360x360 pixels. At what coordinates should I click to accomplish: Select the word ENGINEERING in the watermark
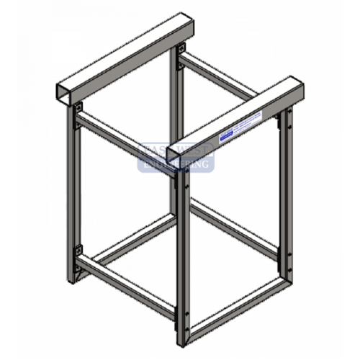176,165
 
